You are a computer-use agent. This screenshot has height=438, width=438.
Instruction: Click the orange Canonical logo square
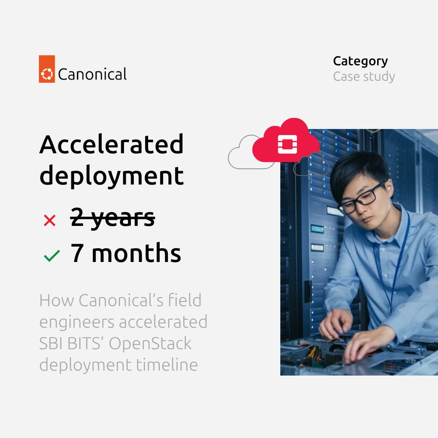pyautogui.click(x=47, y=69)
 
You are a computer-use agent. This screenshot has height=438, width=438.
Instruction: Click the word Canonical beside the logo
pyautogui.click(x=92, y=74)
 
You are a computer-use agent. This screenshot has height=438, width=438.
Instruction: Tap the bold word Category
pyautogui.click(x=360, y=61)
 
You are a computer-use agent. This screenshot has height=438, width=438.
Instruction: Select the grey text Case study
pyautogui.click(x=364, y=77)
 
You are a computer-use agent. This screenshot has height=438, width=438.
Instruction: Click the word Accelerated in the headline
pyautogui.click(x=112, y=144)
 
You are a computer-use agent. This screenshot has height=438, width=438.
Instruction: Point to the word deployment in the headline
pyautogui.click(x=112, y=176)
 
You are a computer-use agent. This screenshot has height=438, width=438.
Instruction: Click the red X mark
pyautogui.click(x=49, y=221)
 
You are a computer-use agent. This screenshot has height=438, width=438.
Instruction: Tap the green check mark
pyautogui.click(x=52, y=255)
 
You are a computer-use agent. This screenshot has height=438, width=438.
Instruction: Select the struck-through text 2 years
pyautogui.click(x=113, y=218)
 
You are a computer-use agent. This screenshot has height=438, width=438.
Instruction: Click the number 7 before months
pyautogui.click(x=77, y=253)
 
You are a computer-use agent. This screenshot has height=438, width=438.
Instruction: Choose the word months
pyautogui.click(x=136, y=253)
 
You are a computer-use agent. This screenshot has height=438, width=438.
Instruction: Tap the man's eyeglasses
pyautogui.click(x=361, y=199)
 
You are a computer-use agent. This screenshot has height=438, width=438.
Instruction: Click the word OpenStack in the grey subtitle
pyautogui.click(x=150, y=344)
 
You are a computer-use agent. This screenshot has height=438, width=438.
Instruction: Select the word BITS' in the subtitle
pyautogui.click(x=84, y=344)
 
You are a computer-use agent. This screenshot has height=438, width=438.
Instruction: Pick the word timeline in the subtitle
pyautogui.click(x=167, y=365)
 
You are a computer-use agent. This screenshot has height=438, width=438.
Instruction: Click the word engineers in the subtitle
pyautogui.click(x=77, y=322)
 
